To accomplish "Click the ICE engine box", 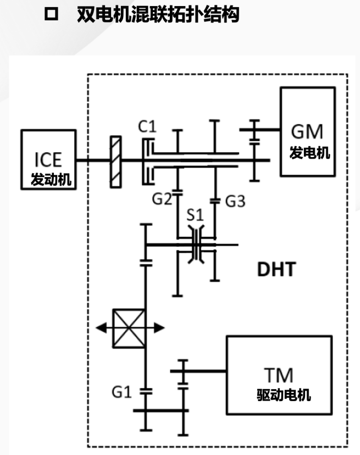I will click(x=48, y=159).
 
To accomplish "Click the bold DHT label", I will click(x=276, y=269).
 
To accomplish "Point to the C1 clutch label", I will click(x=147, y=127).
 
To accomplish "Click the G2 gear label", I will click(x=163, y=199).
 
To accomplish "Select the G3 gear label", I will click(x=235, y=201).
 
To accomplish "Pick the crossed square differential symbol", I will click(x=129, y=328).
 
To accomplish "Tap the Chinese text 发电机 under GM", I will click(x=310, y=153).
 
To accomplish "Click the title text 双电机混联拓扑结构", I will click(x=158, y=15).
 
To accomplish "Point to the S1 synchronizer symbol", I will click(x=196, y=245).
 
